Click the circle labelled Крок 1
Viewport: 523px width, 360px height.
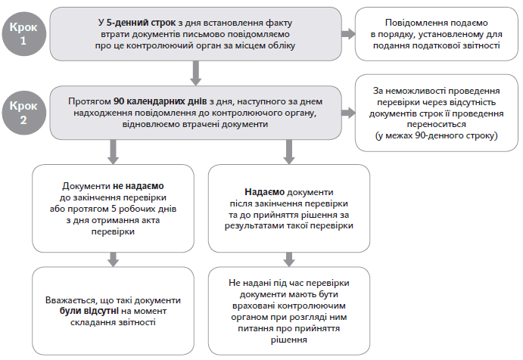(x=28, y=33)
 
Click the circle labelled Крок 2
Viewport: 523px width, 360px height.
(x=28, y=111)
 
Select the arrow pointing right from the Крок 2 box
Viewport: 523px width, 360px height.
(x=349, y=113)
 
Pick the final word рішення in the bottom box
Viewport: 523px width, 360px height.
(x=288, y=340)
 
